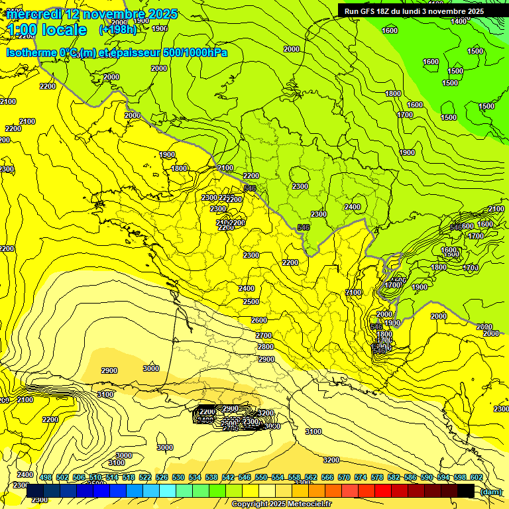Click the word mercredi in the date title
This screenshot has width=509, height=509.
[x=33, y=14]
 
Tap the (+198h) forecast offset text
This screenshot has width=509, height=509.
[x=118, y=29]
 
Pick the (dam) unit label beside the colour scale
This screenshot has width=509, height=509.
[x=490, y=492]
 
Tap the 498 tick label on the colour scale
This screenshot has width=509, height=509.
[x=46, y=477]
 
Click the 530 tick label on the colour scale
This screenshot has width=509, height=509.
[x=178, y=477]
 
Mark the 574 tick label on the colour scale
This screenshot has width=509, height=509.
[x=361, y=477]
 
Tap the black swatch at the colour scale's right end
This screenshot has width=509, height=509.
[x=466, y=490]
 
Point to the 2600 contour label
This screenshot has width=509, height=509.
[x=259, y=320]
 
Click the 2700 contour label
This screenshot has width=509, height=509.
[x=264, y=336]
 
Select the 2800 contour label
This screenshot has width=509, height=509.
[x=266, y=347]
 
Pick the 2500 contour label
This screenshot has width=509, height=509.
[x=251, y=302]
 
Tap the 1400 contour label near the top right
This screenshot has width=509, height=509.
[x=459, y=21]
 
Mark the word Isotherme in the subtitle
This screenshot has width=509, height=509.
[x=31, y=52]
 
